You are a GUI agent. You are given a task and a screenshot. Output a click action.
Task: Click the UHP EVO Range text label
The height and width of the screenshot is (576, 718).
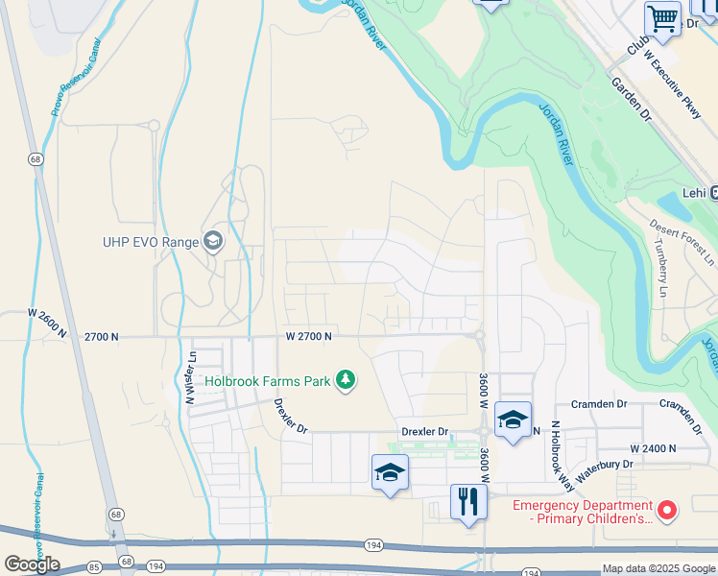point(150,242)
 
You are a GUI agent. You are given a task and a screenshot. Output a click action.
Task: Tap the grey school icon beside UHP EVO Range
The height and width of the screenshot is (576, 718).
point(213,241)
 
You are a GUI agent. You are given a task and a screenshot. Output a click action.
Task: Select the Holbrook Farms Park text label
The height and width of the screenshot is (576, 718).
point(268,381)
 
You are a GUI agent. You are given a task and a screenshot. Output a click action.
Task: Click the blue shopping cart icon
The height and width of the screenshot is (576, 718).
point(662,17)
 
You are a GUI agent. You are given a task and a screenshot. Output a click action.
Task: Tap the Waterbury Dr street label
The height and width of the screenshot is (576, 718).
point(601,465)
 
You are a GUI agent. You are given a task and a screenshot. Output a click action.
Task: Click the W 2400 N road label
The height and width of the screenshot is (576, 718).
point(653,448)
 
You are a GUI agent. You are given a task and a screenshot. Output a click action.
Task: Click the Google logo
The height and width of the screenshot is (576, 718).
point(32,564)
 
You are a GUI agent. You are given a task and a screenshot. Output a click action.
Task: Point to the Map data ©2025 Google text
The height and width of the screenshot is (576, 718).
point(658,568)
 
